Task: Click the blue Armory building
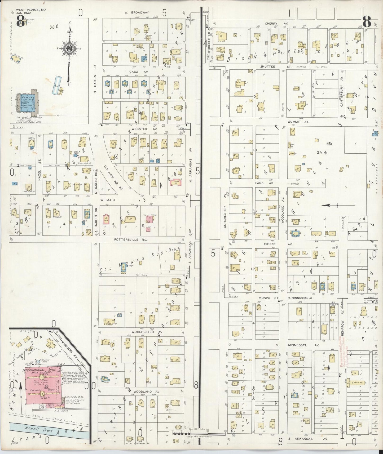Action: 28,104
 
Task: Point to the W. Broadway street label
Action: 137,12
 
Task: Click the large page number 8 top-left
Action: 21,22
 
